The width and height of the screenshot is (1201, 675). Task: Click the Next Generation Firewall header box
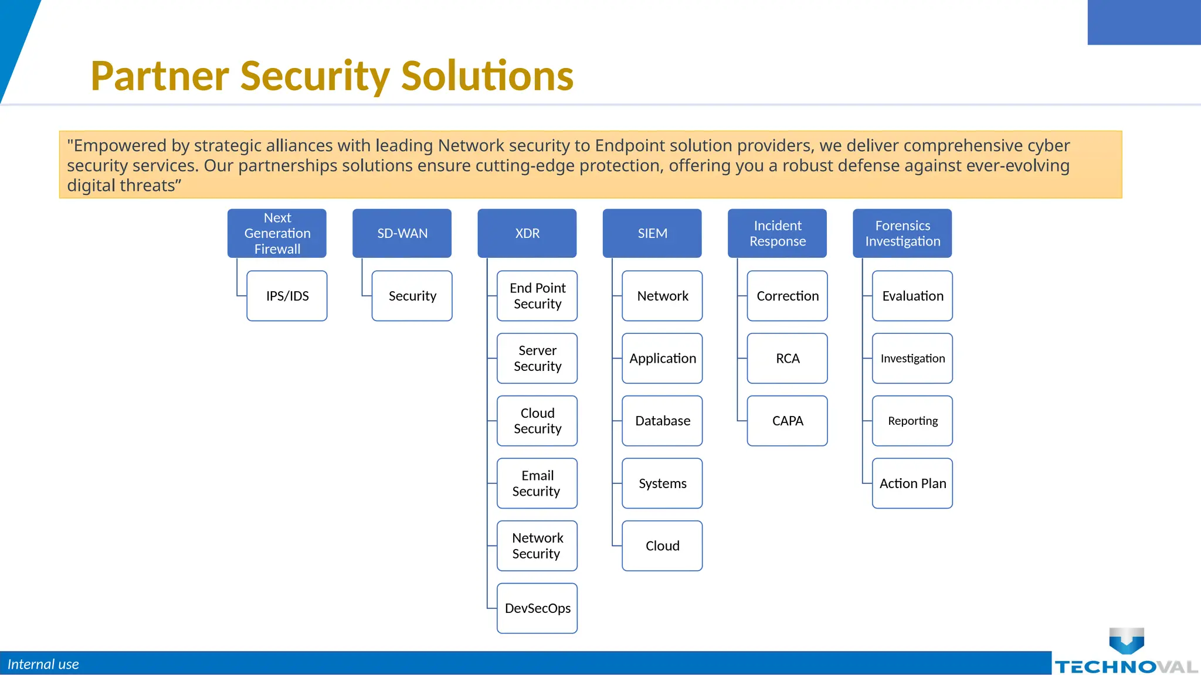click(x=277, y=233)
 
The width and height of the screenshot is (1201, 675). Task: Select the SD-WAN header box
click(x=402, y=233)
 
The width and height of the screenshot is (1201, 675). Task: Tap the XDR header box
click(x=527, y=233)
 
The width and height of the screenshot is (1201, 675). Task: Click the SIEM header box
click(x=652, y=233)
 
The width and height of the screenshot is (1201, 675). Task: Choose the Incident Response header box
click(x=777, y=233)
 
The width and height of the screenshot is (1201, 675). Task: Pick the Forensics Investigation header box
click(x=902, y=233)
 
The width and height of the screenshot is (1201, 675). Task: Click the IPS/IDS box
click(x=287, y=296)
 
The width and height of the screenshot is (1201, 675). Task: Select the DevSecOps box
click(x=537, y=608)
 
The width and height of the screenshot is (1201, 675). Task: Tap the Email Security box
click(x=537, y=483)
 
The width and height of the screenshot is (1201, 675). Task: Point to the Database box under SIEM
click(x=662, y=421)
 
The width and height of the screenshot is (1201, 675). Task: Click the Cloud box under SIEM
click(x=662, y=546)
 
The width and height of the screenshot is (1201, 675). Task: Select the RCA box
click(x=787, y=358)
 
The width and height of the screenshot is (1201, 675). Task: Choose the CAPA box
click(x=787, y=421)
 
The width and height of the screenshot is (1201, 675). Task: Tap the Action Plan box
click(x=912, y=483)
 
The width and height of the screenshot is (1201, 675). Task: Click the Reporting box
click(x=912, y=421)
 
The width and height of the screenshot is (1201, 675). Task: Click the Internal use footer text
click(x=43, y=664)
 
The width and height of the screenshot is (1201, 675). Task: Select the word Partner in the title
click(x=160, y=76)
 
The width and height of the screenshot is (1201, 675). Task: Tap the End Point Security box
click(x=537, y=296)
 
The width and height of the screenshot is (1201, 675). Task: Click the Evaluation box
click(x=912, y=296)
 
